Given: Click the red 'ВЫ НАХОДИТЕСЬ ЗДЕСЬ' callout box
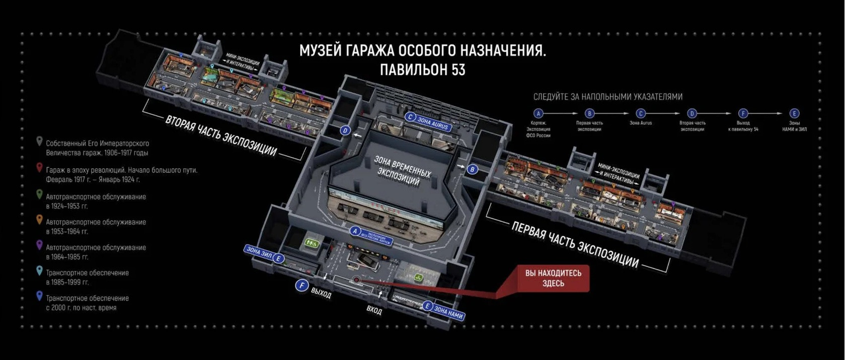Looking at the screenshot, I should point(553,278).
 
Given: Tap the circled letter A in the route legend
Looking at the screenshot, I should point(538,113).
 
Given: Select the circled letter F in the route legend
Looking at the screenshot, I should point(743,113).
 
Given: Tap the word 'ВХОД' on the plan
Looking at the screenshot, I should point(374,310).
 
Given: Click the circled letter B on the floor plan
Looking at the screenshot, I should point(472,169).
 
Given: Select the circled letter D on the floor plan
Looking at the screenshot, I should point(345,130).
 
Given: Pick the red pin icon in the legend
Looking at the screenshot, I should point(39,169).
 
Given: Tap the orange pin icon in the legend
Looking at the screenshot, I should point(39,221).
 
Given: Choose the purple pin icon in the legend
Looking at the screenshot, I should point(39,246).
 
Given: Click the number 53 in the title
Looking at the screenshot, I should point(455,70).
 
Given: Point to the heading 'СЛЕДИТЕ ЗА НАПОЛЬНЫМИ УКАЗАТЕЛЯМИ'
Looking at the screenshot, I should point(608,97).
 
